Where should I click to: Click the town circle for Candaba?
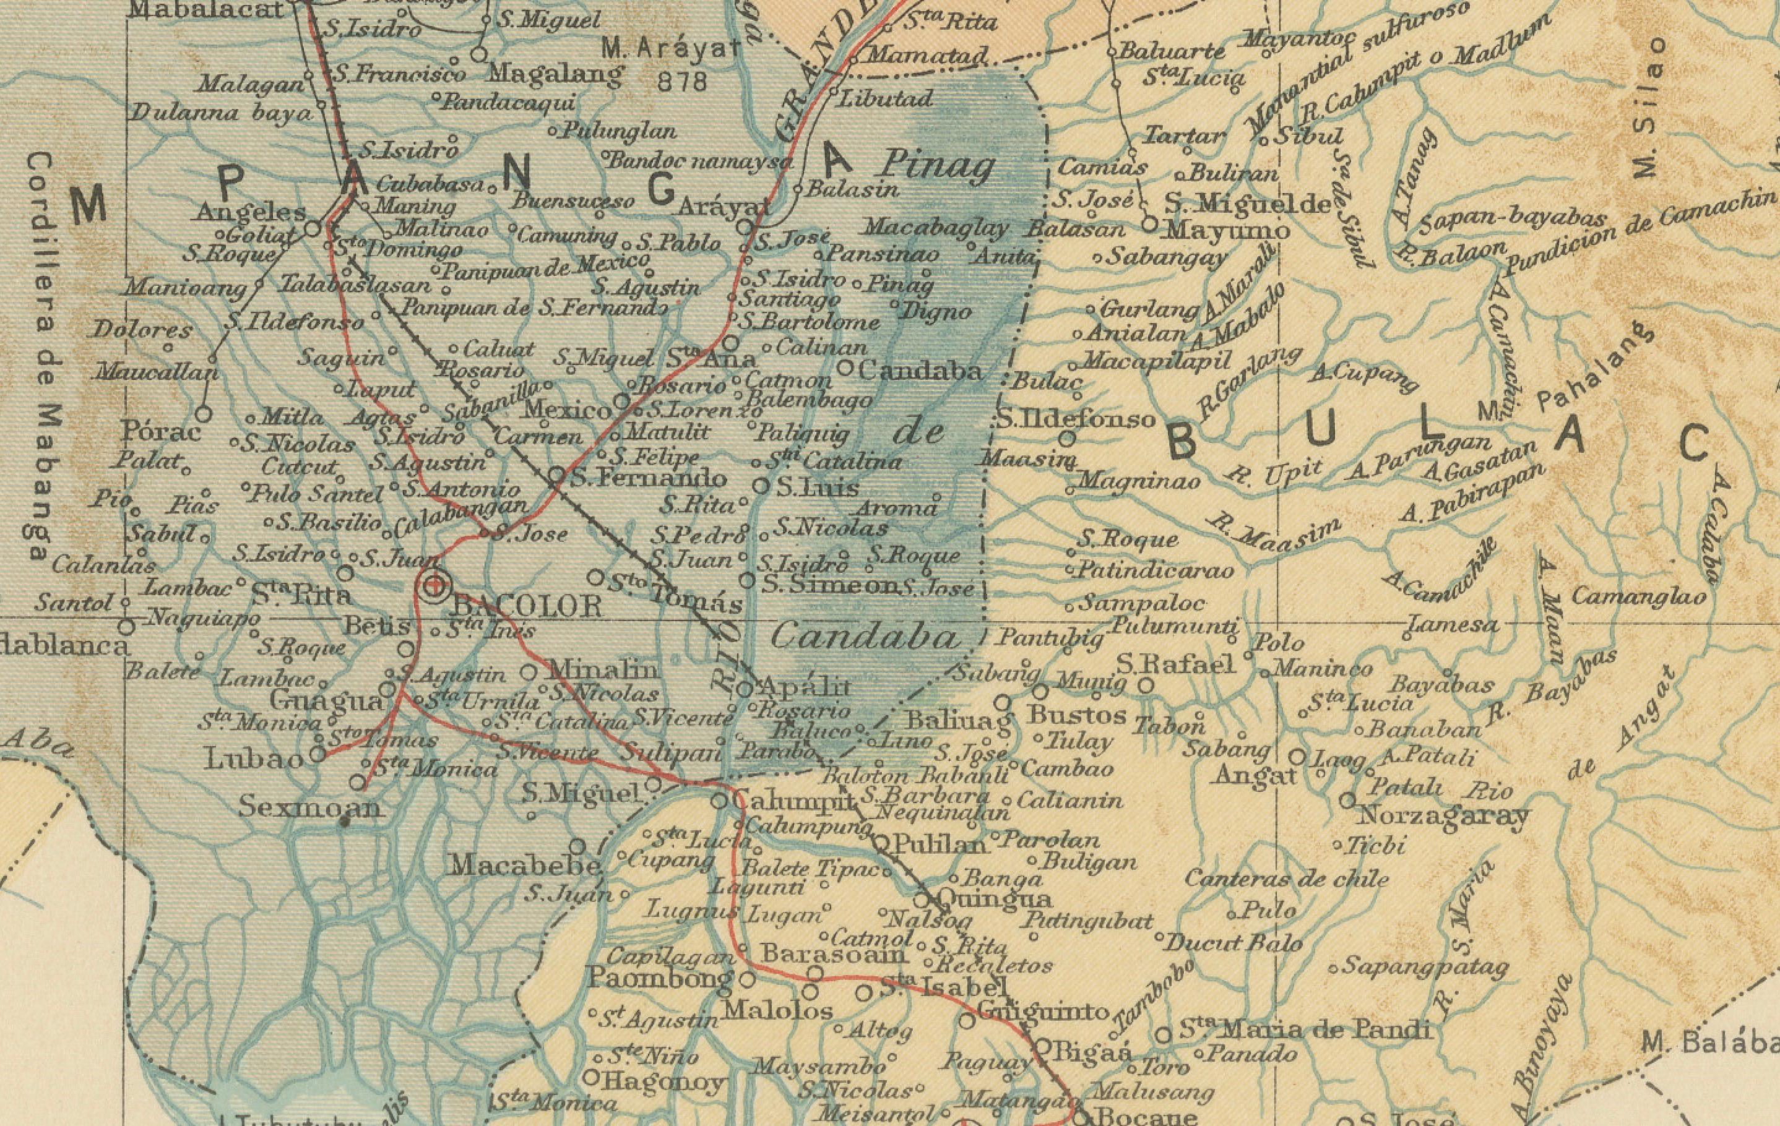pyautogui.click(x=847, y=367)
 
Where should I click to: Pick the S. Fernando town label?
pyautogui.click(x=648, y=478)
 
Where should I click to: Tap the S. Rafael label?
pyautogui.click(x=1175, y=664)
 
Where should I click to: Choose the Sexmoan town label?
pyautogui.click(x=311, y=807)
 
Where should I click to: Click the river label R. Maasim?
pyautogui.click(x=1273, y=536)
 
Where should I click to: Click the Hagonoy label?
pyautogui.click(x=663, y=1083)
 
